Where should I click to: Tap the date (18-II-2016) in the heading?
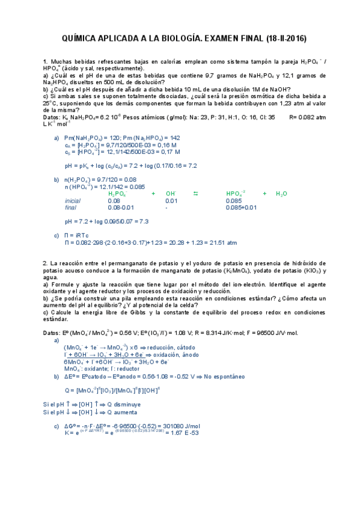pos(285,38)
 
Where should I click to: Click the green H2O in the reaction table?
pos(281,194)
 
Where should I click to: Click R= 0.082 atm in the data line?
pos(307,118)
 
